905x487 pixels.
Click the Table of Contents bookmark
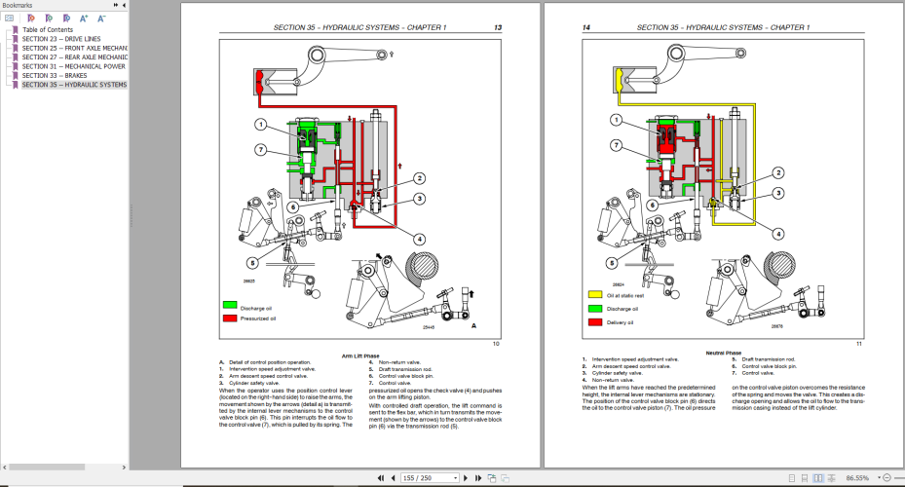coord(48,29)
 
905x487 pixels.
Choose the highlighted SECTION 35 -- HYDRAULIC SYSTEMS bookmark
coord(74,85)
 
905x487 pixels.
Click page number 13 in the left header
coord(497,27)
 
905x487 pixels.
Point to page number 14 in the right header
coord(586,27)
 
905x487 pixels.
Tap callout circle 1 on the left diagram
coord(261,124)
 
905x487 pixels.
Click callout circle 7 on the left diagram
coord(261,148)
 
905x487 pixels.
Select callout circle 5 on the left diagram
coord(251,262)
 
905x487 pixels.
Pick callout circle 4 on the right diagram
coord(778,234)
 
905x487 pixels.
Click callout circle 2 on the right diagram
coord(778,172)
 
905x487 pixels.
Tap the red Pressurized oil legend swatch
coord(230,318)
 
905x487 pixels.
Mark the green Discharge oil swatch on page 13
coord(230,306)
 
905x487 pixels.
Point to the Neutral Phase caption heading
coord(722,353)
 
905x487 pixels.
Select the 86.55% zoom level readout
coord(858,478)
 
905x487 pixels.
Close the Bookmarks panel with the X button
coord(123,5)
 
